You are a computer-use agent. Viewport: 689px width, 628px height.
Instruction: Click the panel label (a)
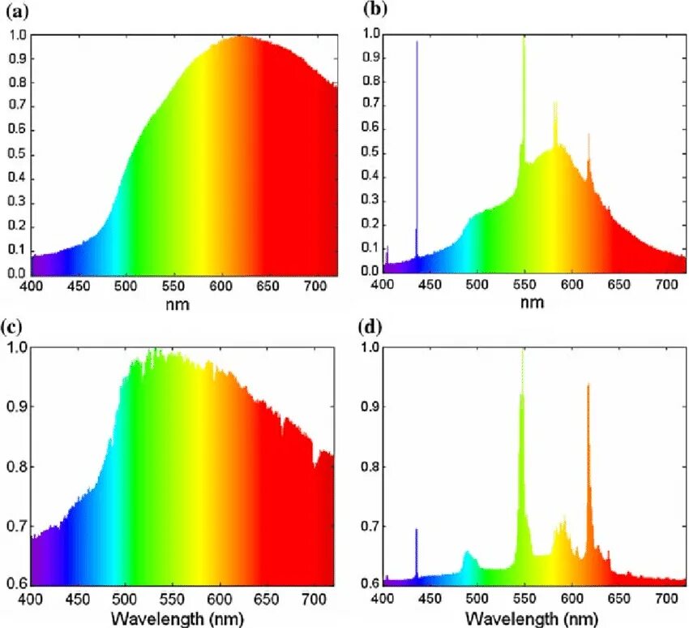coord(19,11)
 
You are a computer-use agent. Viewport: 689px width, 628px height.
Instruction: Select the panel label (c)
coord(19,327)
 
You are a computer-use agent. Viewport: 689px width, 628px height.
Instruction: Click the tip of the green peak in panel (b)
coord(524,38)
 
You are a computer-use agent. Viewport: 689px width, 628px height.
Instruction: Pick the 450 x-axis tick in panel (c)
coord(78,598)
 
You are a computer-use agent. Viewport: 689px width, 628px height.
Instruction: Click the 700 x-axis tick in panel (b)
coord(620,286)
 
